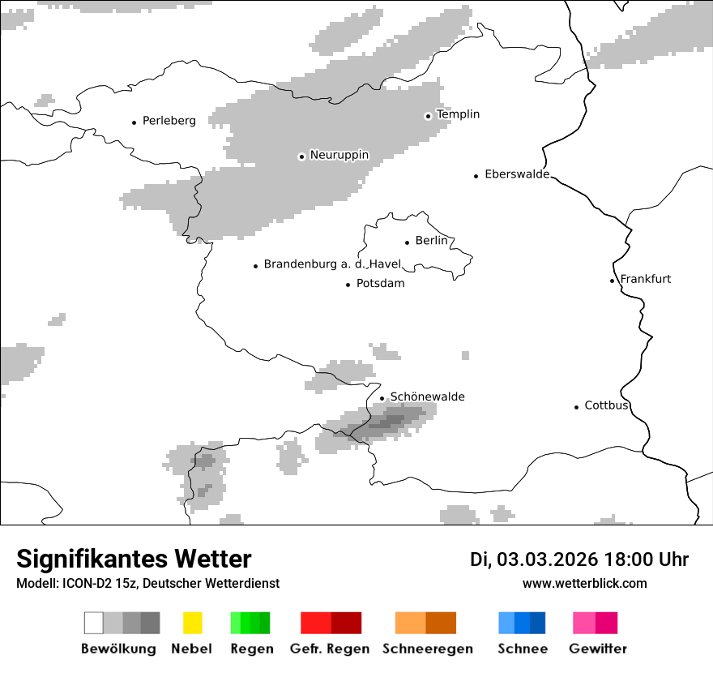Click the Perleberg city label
tap(169, 121)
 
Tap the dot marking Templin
tap(428, 116)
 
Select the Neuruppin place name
tap(339, 155)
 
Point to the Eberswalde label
tap(517, 174)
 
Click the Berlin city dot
tap(407, 242)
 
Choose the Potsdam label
tap(380, 284)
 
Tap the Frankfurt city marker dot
tap(613, 281)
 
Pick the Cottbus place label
tap(606, 405)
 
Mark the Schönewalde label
tap(427, 397)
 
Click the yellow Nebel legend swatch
tap(192, 623)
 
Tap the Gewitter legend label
tap(597, 649)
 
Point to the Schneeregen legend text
tap(427, 649)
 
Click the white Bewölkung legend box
tap(94, 623)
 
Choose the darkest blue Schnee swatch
tap(538, 623)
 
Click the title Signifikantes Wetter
tap(134, 559)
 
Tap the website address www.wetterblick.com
tap(584, 584)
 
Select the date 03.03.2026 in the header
tap(547, 559)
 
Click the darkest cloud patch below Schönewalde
tap(392, 421)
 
